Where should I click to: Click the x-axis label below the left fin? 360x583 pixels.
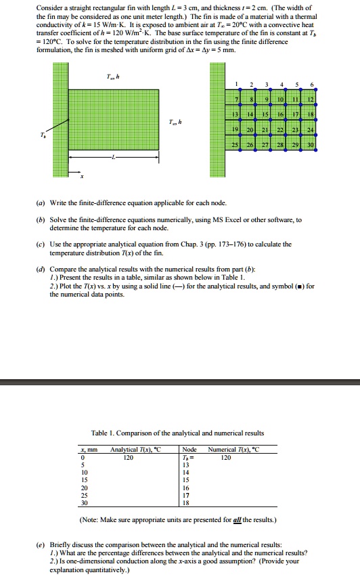click(82, 177)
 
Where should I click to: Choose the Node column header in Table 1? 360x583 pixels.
click(190, 450)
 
